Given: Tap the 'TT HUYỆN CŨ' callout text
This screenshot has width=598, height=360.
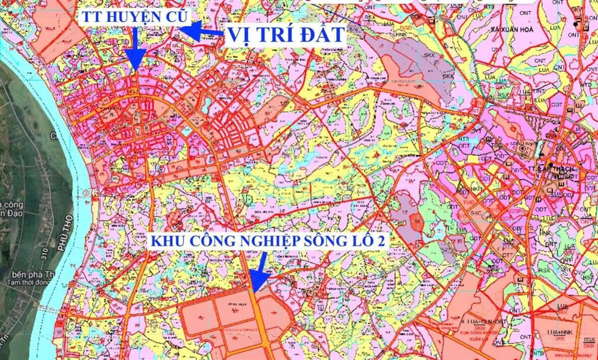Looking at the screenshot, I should pos(134,16).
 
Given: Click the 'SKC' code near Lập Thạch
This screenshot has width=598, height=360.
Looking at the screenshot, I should pos(475,213).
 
